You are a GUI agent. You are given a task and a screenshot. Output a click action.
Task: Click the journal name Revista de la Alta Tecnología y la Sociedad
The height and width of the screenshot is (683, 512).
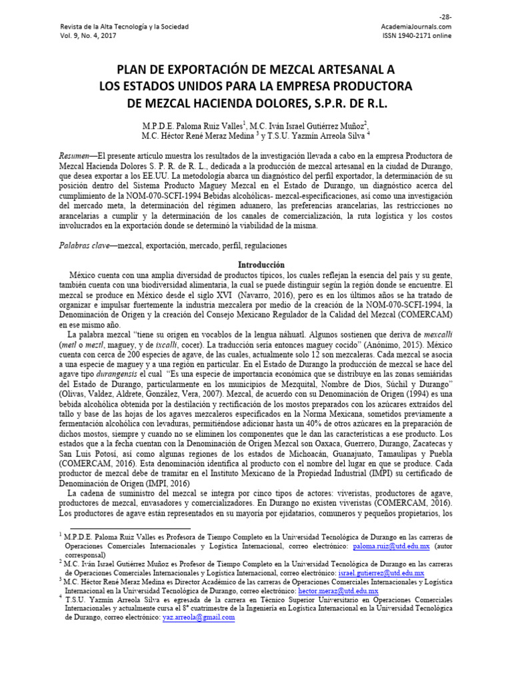tap(124, 27)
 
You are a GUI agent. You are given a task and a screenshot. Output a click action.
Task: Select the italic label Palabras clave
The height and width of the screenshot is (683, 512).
tap(86, 245)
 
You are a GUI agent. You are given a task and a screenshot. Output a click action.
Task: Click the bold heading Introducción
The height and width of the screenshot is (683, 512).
tap(255, 265)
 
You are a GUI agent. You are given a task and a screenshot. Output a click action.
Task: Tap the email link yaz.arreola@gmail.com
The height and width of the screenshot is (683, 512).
tap(199, 618)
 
